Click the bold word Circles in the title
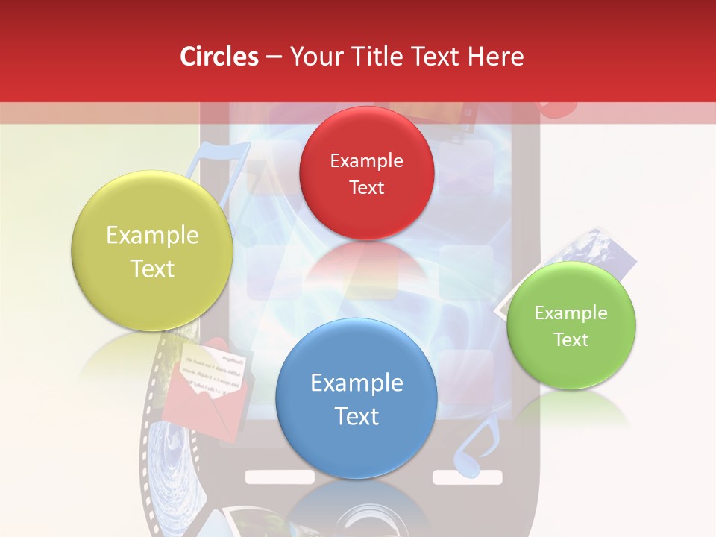pos(219,57)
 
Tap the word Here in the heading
pos(496,57)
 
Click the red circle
pos(366,172)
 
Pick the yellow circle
pos(152,251)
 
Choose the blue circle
pos(357,398)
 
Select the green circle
pos(571,325)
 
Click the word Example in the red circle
pos(366,160)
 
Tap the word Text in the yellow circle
pos(152,268)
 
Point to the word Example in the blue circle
pos(357,383)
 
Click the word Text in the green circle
pos(571,340)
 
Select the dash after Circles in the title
pos(274,57)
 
